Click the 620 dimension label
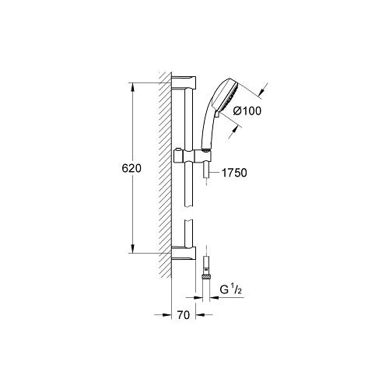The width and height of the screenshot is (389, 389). click(x=131, y=169)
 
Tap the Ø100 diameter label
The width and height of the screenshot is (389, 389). click(x=247, y=111)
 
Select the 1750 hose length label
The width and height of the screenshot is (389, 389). click(x=234, y=173)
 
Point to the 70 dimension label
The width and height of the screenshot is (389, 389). click(x=184, y=315)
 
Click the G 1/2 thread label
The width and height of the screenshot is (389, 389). click(x=231, y=290)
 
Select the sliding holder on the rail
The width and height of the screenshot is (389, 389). click(x=192, y=156)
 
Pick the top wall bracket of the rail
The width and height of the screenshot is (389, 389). click(x=184, y=82)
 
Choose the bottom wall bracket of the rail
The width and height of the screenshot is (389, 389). click(x=184, y=253)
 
